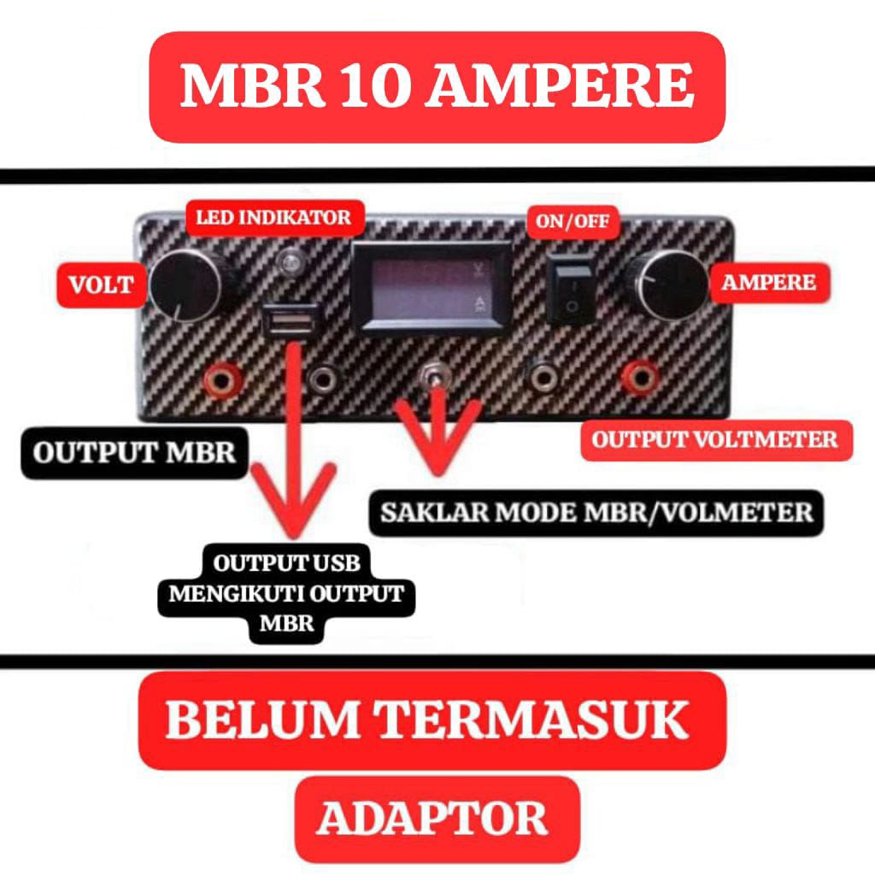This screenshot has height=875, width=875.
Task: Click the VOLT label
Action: [101, 285]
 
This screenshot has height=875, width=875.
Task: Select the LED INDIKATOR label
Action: [273, 217]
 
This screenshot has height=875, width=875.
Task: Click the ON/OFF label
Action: [573, 222]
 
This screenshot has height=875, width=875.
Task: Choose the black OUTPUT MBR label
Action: [134, 452]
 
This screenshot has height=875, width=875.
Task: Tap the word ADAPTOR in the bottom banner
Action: [432, 819]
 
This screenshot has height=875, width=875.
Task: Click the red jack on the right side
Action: [640, 375]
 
